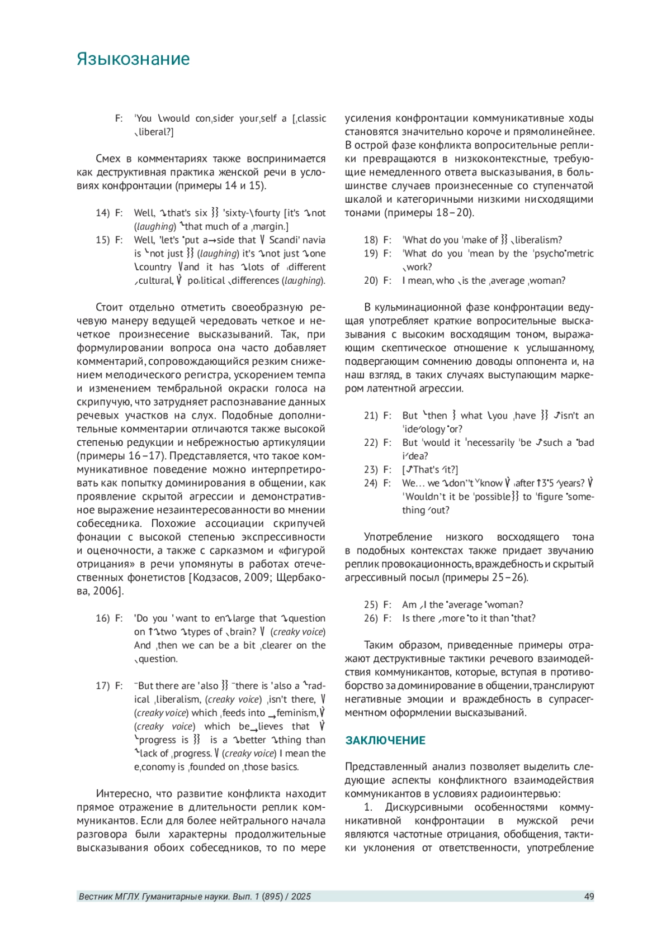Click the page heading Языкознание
(133, 59)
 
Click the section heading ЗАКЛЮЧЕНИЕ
(385, 740)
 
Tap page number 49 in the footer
(589, 897)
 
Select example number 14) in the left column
(102, 213)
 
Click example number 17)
(102, 686)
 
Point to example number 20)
(371, 280)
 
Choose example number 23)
(371, 470)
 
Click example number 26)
(371, 618)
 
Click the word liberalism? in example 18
(537, 240)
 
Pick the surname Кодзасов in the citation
(219, 578)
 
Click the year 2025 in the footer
(301, 897)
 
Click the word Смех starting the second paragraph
(108, 159)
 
